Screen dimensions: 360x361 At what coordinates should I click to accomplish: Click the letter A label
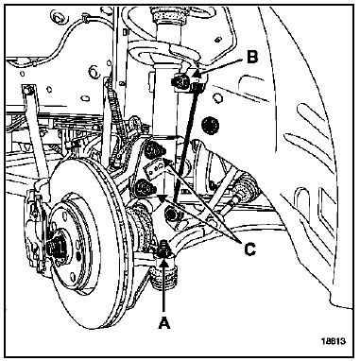[164, 323]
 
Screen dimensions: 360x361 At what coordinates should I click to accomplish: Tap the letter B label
[252, 58]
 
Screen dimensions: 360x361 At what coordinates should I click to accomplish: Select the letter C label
[249, 249]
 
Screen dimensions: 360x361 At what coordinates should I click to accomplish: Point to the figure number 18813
[334, 341]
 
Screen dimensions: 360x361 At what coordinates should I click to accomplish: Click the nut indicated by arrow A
[164, 249]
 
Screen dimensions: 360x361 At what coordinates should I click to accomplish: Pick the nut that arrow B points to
[180, 83]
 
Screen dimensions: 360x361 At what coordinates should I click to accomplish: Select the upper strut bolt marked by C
[153, 149]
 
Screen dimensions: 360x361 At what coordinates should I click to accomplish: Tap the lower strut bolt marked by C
[144, 187]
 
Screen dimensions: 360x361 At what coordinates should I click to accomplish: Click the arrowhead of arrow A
[163, 262]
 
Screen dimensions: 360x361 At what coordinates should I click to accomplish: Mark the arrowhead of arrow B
[197, 75]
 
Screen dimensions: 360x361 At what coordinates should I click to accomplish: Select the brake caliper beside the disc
[36, 233]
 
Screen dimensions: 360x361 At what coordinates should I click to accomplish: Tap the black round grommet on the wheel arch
[210, 125]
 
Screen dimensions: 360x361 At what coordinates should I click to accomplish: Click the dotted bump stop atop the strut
[166, 17]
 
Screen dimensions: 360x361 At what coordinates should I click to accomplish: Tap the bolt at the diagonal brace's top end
[27, 91]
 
